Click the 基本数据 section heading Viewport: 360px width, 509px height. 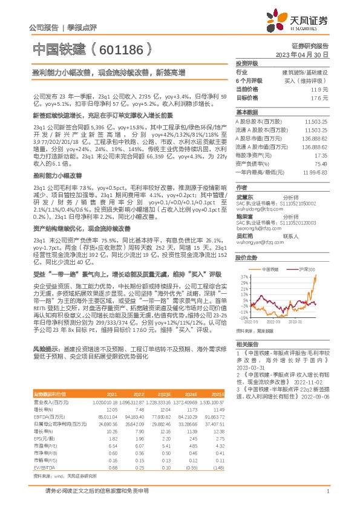(x=246, y=112)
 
